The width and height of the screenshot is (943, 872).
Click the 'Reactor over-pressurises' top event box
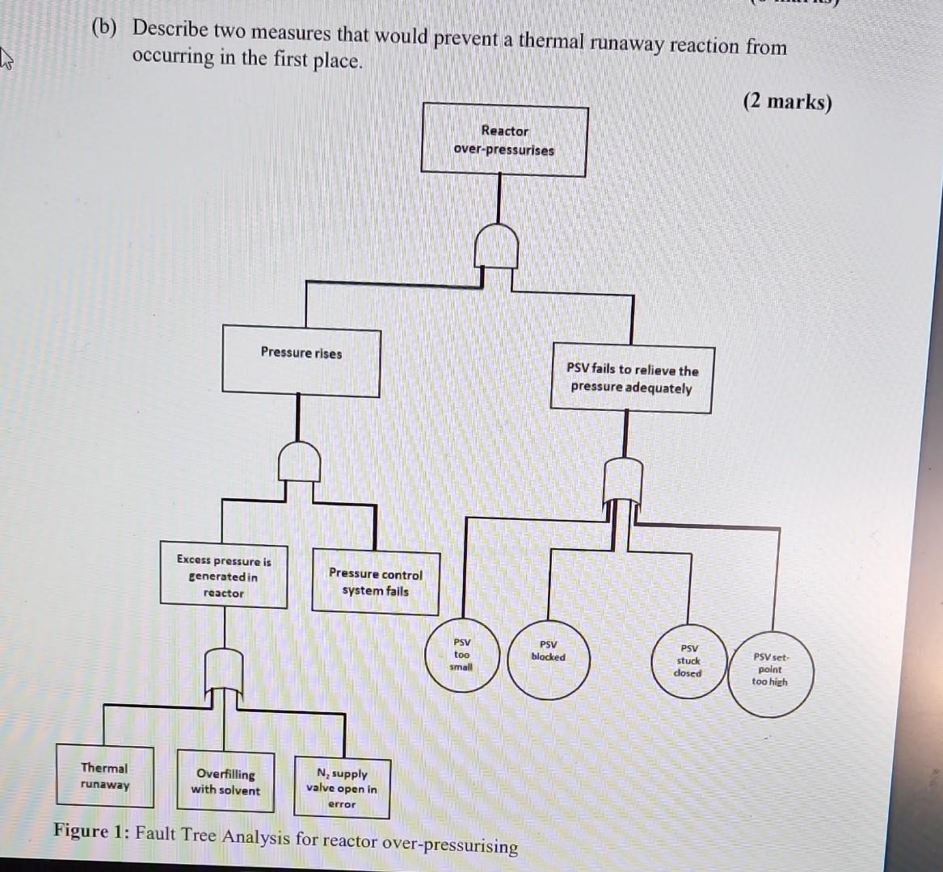[x=504, y=140]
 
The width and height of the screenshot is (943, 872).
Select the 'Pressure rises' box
[x=301, y=361]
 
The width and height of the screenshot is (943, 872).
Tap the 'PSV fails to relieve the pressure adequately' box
[x=631, y=379]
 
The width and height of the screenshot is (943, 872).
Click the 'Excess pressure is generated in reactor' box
[x=224, y=576]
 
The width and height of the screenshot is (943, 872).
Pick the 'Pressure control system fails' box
[x=376, y=581]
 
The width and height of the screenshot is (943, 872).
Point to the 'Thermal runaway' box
[x=104, y=776]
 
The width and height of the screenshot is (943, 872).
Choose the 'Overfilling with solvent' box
[x=225, y=782]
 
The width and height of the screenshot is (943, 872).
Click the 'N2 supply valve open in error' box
[x=342, y=787]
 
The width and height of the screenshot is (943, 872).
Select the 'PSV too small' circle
[x=461, y=655]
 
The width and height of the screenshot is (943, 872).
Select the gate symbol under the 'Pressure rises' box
[x=299, y=462]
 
